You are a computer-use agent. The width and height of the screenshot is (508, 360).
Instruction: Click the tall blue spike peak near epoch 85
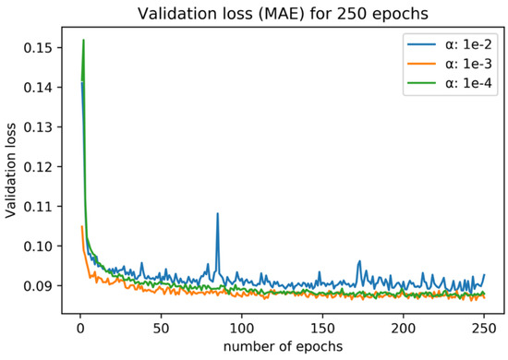coord(217,213)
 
